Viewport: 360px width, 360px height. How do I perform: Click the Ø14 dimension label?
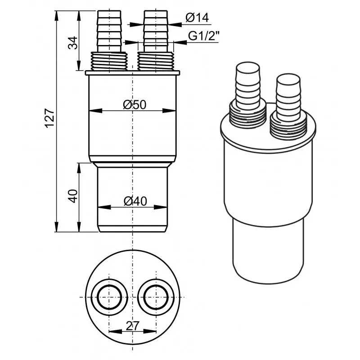point(197,18)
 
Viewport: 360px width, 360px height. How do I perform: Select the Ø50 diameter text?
point(134,104)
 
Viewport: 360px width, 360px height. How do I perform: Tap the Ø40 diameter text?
point(134,201)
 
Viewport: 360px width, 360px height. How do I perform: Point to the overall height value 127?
point(50,118)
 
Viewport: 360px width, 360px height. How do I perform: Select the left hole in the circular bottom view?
point(108,297)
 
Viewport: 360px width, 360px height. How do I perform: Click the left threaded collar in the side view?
point(109,61)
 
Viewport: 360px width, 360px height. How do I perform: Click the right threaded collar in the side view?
point(156,61)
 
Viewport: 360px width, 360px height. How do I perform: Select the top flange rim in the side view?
point(132,72)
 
